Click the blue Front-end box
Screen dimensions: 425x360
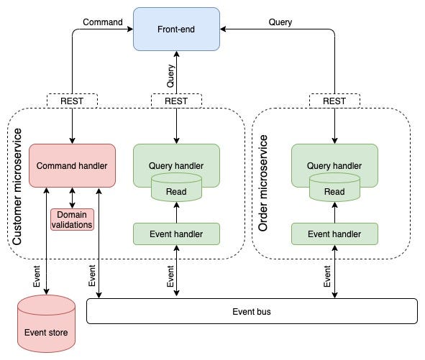(176, 29)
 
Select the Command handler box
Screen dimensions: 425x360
(72, 165)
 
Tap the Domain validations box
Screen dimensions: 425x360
(72, 219)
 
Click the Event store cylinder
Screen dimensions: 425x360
(46, 323)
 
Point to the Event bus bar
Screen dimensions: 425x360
(252, 311)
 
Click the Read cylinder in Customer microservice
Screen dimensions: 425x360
(176, 188)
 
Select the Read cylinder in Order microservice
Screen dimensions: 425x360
(334, 188)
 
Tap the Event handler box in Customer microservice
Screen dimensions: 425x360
(176, 234)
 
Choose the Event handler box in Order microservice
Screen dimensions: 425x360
(334, 234)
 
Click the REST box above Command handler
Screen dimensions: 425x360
(72, 101)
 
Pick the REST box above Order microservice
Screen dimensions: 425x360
(334, 101)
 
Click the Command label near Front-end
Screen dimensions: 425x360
(103, 22)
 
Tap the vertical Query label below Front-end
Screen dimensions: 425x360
(170, 76)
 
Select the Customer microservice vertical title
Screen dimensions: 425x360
(17, 187)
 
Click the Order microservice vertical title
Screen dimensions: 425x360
(263, 183)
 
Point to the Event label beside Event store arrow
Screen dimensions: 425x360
(37, 276)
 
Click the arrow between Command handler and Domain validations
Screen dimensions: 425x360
(72, 198)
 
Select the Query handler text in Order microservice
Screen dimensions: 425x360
(334, 166)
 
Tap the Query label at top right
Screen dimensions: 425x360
(280, 22)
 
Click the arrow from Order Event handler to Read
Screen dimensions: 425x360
(334, 213)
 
